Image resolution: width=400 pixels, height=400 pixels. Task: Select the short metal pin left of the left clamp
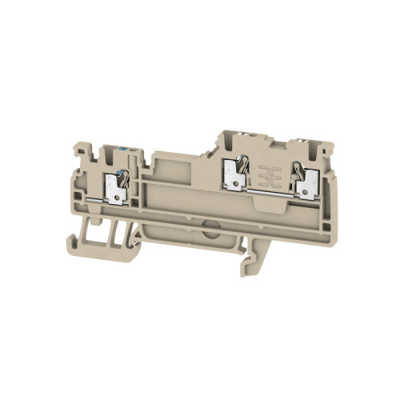click(x=95, y=196)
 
